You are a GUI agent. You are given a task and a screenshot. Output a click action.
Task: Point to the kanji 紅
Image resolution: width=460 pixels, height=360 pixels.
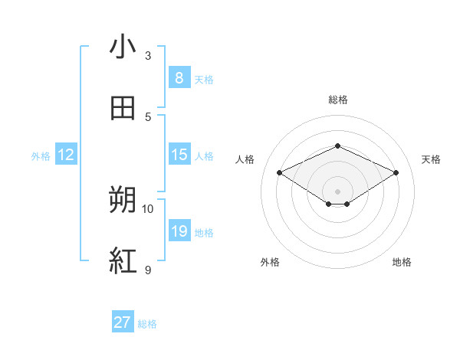[x=123, y=260]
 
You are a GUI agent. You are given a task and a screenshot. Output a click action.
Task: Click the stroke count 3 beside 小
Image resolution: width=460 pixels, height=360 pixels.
[x=148, y=56]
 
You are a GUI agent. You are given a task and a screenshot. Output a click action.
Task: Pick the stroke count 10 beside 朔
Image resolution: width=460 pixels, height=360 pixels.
[x=148, y=208]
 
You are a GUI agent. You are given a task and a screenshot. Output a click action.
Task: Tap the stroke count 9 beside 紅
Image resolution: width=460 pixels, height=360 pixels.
[x=148, y=270]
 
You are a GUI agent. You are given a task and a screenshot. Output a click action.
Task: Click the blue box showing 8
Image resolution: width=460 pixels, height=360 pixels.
[x=179, y=77]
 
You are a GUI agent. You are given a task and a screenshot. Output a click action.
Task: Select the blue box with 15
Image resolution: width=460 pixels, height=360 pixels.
[x=179, y=155]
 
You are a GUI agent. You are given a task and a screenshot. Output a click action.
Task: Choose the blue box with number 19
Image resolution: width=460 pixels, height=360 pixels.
[x=179, y=231]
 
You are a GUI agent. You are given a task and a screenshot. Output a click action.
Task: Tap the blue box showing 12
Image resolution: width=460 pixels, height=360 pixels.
[x=66, y=155]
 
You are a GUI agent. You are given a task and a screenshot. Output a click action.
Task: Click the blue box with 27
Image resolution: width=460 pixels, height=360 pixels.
[x=123, y=322]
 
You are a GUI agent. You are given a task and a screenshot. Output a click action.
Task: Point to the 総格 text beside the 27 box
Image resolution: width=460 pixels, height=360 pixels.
[x=147, y=324]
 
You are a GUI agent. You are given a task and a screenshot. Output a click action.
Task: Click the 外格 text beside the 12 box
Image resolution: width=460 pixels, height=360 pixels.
[x=41, y=156]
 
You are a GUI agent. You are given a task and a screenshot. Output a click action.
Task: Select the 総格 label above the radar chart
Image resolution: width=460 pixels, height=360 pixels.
[x=337, y=100]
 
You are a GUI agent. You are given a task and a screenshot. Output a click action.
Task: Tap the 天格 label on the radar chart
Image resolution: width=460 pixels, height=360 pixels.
[x=431, y=159]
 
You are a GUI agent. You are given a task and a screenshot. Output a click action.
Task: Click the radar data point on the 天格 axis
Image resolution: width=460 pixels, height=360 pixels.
[x=396, y=173]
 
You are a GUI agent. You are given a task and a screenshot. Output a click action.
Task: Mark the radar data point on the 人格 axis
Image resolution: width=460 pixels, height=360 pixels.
[x=279, y=173]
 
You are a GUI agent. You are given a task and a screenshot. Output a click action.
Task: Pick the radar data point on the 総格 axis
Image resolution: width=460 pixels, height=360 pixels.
[x=337, y=146]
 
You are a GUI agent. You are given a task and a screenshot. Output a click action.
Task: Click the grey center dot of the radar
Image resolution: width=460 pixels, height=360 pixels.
[x=337, y=191]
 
